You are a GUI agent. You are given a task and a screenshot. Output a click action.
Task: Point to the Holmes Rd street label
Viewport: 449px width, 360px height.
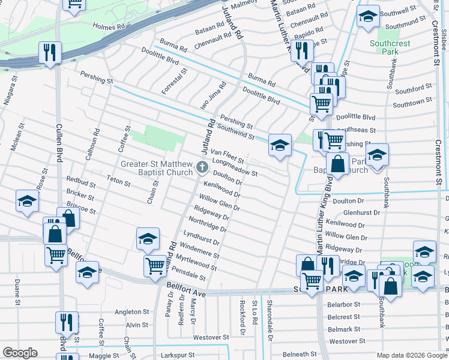tap(109, 27)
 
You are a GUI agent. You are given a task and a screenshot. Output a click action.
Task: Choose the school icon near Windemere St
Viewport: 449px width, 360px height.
tap(147, 239)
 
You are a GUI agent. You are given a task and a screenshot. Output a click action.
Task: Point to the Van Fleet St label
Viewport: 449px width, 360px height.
tap(226, 157)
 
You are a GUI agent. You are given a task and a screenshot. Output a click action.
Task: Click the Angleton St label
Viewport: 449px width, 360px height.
tap(131, 312)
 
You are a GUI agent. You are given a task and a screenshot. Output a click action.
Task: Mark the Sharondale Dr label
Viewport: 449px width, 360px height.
tap(270, 313)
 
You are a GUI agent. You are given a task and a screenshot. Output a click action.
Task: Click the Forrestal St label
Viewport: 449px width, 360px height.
tap(175, 81)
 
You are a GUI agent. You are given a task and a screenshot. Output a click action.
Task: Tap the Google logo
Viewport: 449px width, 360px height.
tap(20, 353)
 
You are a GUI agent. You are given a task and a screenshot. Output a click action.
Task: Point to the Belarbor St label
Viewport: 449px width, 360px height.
tap(343, 305)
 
